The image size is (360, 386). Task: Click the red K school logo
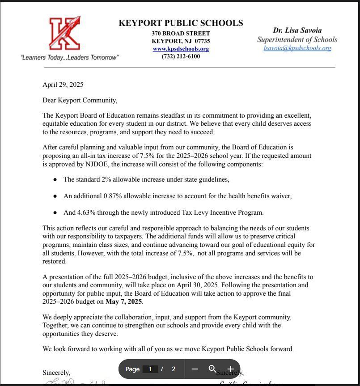click(x=65, y=34)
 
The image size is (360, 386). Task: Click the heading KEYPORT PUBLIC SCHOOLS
click(x=181, y=23)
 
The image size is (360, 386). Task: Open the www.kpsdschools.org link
click(x=181, y=49)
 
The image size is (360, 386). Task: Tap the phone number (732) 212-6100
click(x=181, y=57)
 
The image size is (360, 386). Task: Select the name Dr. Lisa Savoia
click(x=297, y=30)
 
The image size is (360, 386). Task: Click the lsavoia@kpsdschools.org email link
click(x=297, y=48)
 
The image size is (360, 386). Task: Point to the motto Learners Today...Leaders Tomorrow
click(x=69, y=58)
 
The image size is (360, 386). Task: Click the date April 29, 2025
click(x=63, y=85)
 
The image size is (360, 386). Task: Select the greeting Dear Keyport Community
click(x=80, y=100)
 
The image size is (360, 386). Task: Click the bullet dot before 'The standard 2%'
click(x=55, y=180)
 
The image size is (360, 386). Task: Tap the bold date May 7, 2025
click(x=123, y=301)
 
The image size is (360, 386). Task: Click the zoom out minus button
click(x=195, y=369)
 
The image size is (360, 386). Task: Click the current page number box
click(x=150, y=369)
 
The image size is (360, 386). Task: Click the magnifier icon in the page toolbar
click(x=212, y=369)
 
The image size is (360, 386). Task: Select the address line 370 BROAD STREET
click(x=181, y=34)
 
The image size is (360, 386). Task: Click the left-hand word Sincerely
click(x=56, y=373)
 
